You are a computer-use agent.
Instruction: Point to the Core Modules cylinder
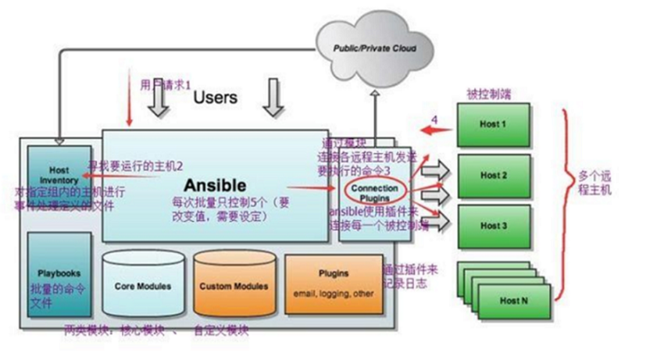coord(142,286)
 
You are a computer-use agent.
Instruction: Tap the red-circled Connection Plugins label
coord(369,193)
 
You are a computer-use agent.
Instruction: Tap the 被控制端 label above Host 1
coord(487,91)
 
